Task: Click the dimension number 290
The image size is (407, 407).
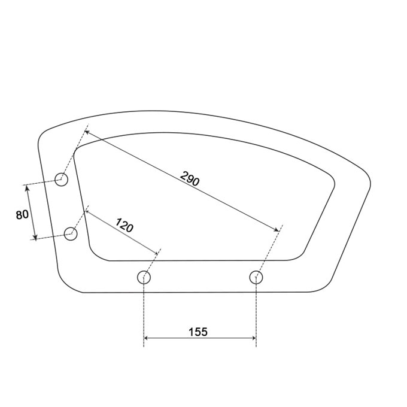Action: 190,178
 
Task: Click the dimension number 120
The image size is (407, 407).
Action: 124,225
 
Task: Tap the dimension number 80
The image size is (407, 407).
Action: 22,215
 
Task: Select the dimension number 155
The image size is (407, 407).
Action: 198,332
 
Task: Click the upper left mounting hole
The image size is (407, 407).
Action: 62,179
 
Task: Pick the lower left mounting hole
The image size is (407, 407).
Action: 71,233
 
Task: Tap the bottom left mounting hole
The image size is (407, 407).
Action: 144,277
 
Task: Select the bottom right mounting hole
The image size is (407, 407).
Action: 256,277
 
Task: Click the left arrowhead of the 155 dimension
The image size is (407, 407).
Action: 146,338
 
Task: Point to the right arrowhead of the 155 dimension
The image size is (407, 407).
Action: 254,338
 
